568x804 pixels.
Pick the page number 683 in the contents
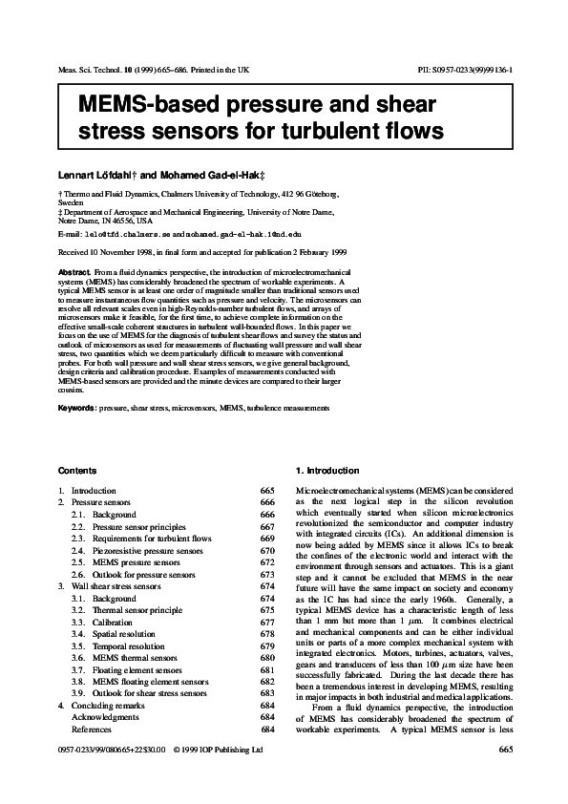point(267,693)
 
